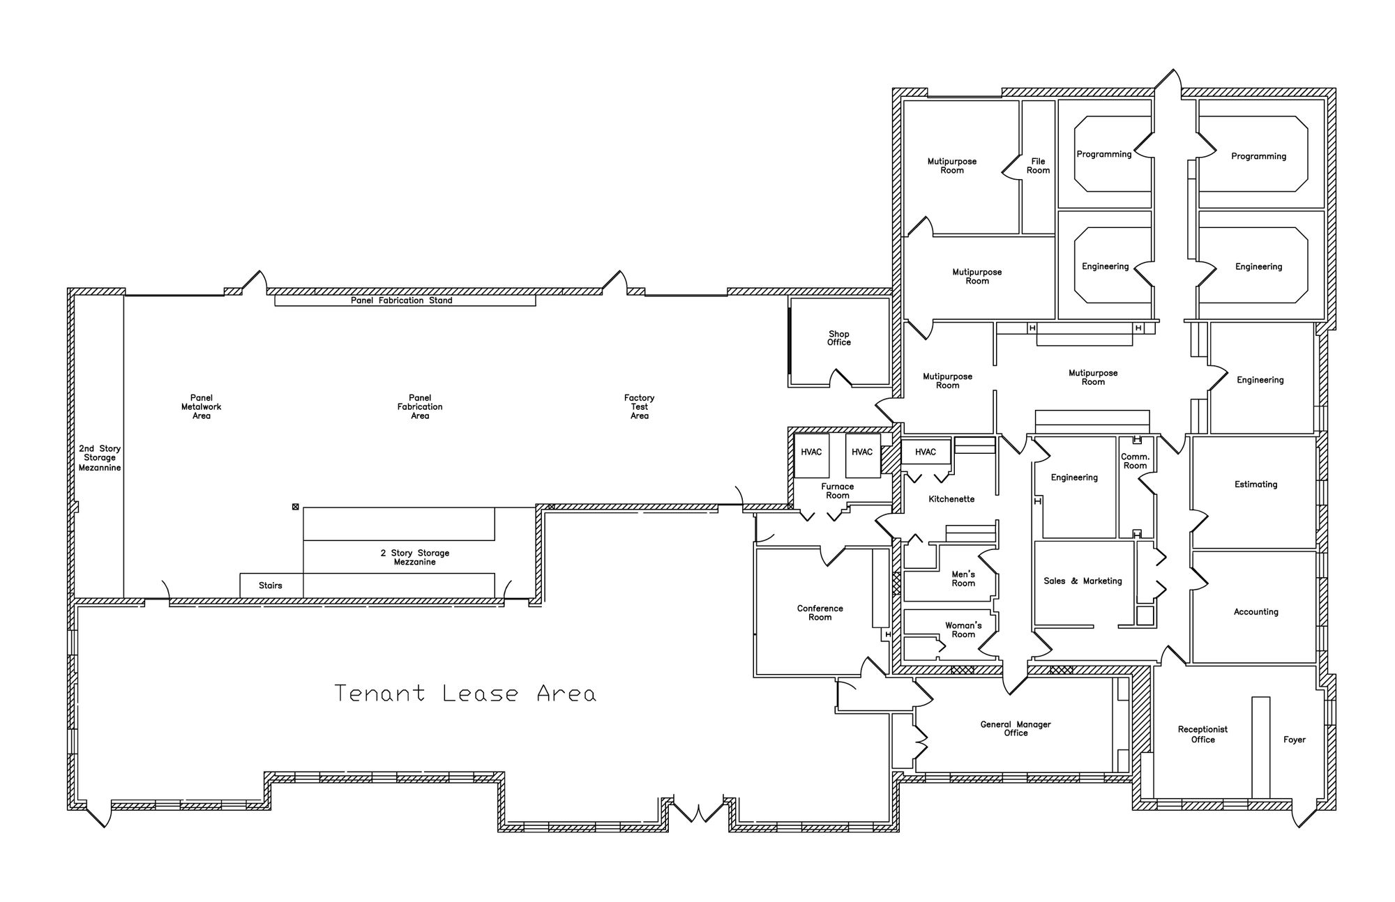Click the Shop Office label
tap(839, 338)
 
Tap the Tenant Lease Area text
tap(465, 693)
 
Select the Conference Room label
tap(820, 613)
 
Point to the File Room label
tap(1038, 166)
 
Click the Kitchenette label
tap(951, 499)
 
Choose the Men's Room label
tap(963, 579)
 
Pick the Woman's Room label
tap(963, 629)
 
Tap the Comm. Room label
tap(1135, 461)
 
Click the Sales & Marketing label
tap(1083, 581)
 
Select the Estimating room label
tap(1255, 484)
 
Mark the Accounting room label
tap(1255, 612)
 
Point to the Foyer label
tap(1294, 740)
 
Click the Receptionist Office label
tap(1202, 735)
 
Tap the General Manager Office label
tap(1016, 728)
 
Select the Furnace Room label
tap(837, 491)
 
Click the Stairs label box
tap(271, 586)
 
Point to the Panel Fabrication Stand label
tap(401, 300)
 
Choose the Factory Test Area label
tap(639, 406)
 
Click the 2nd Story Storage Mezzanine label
tap(100, 458)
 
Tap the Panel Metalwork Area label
tap(201, 406)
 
